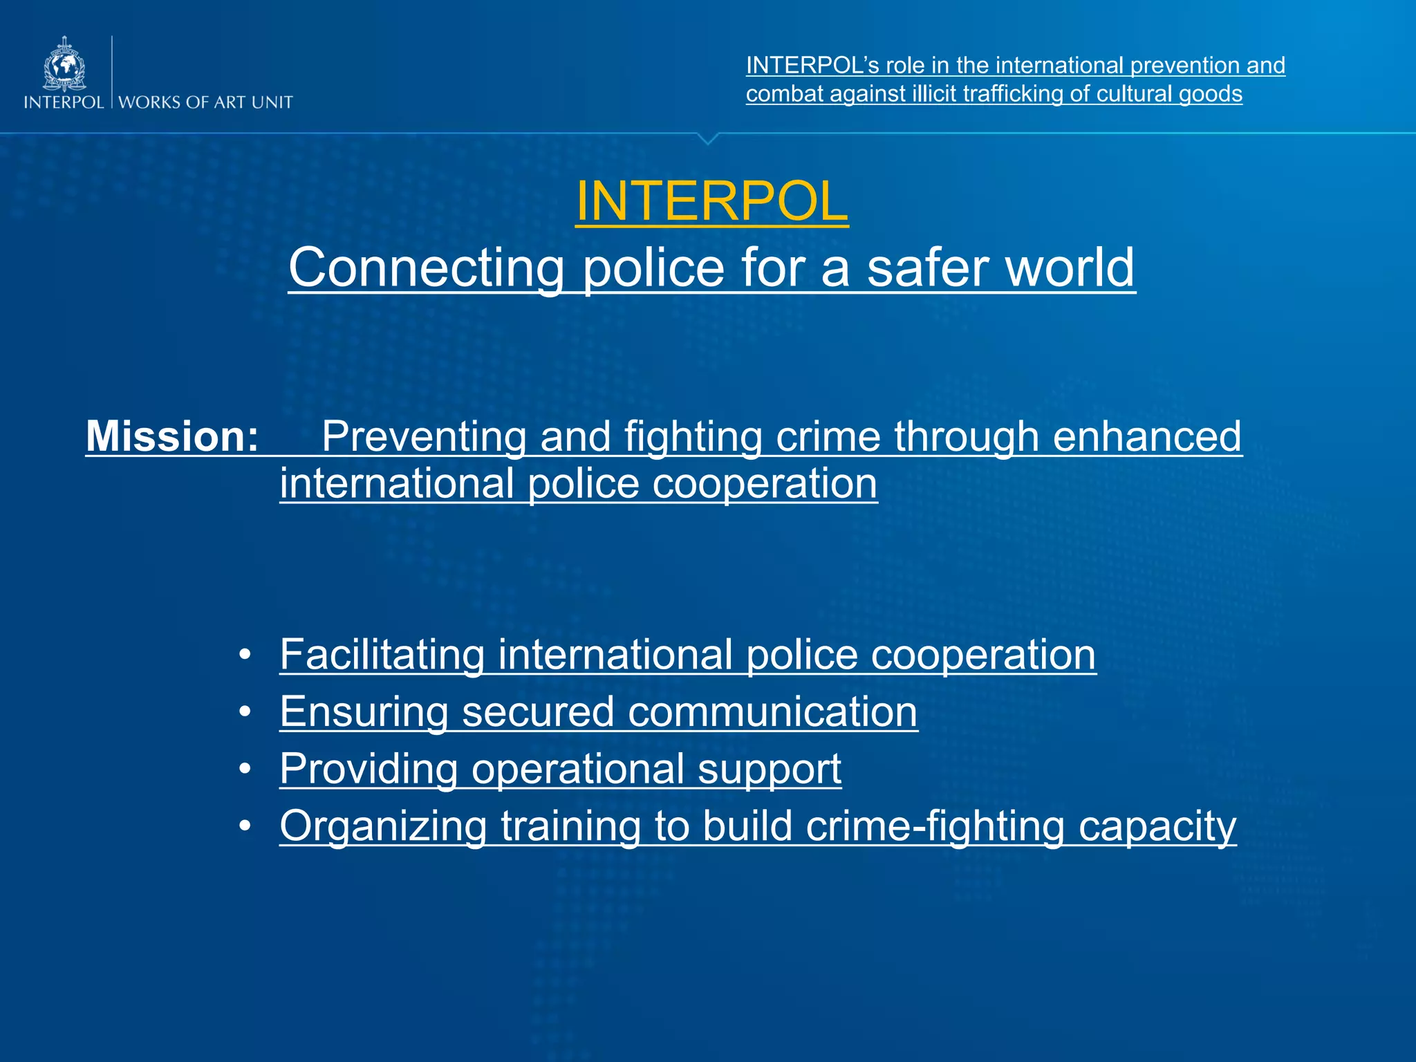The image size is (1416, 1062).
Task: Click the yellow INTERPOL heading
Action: pyautogui.click(x=711, y=201)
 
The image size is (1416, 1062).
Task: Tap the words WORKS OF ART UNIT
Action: pyautogui.click(x=205, y=102)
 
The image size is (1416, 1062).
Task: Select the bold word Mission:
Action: pyautogui.click(x=172, y=436)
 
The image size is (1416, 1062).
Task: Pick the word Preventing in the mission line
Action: pyautogui.click(x=424, y=437)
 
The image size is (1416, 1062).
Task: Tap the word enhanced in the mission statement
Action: pyautogui.click(x=1147, y=436)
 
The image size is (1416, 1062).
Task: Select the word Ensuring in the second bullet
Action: pyautogui.click(x=364, y=711)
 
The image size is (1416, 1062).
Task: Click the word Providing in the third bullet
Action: pyautogui.click(x=369, y=769)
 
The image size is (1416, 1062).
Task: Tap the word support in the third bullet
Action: pyautogui.click(x=769, y=769)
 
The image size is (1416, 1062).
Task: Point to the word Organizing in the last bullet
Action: pyautogui.click(x=383, y=826)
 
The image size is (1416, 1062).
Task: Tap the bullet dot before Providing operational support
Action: pyautogui.click(x=245, y=769)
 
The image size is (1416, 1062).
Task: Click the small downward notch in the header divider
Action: pyautogui.click(x=707, y=138)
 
